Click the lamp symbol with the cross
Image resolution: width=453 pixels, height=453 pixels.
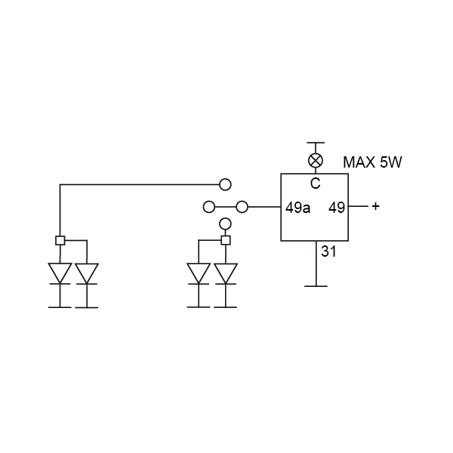(316, 160)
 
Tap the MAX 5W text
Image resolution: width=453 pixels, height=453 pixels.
(372, 162)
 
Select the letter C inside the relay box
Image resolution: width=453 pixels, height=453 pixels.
(316, 183)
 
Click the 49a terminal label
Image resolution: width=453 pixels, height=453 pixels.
(298, 208)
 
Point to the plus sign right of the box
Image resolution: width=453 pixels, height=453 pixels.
(375, 206)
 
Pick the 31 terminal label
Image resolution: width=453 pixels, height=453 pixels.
(328, 251)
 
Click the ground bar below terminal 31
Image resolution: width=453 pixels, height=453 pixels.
(316, 286)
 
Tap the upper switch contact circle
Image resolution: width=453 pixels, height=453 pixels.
(225, 184)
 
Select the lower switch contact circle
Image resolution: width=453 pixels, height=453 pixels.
(225, 224)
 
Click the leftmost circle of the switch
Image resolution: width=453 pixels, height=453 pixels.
(209, 207)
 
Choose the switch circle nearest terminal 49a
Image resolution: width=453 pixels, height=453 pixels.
(242, 207)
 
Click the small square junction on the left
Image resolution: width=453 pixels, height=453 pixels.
(60, 240)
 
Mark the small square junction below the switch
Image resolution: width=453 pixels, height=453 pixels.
(226, 240)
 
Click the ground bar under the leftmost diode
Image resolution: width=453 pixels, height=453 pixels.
(60, 307)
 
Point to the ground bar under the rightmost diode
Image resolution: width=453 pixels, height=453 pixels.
(226, 307)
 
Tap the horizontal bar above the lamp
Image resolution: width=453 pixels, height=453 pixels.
(316, 143)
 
